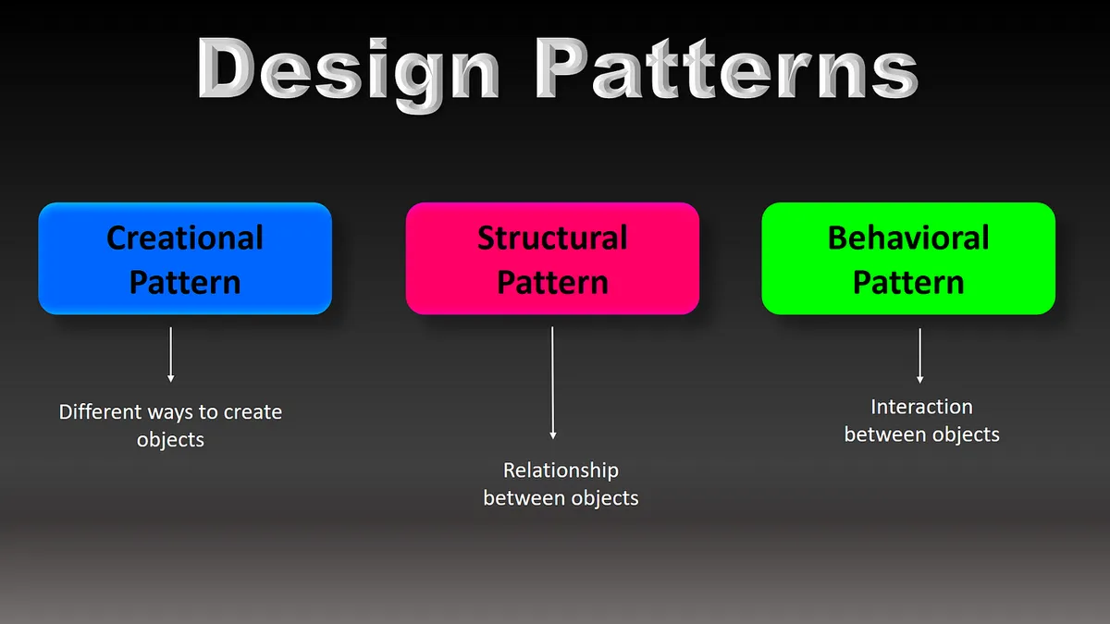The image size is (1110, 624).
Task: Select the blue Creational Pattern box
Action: coord(185,259)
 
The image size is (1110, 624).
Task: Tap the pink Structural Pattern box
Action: coord(552,259)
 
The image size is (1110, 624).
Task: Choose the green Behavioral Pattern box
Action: coord(908,259)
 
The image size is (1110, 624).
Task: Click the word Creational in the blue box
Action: coord(185,238)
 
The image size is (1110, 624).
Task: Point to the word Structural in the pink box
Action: coord(552,238)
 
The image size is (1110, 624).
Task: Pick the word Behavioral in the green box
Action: coord(908,238)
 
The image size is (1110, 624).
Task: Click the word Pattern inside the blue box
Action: coord(185,282)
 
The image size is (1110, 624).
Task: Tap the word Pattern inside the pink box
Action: coord(552,282)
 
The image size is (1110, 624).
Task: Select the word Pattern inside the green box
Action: coord(908,282)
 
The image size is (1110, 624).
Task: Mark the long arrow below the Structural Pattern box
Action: coord(552,383)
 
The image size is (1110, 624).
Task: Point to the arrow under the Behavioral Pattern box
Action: coord(919,355)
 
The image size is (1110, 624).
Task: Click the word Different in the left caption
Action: coord(100,411)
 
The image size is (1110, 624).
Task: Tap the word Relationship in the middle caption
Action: coord(561,471)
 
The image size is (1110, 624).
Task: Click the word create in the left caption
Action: coord(252,411)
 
